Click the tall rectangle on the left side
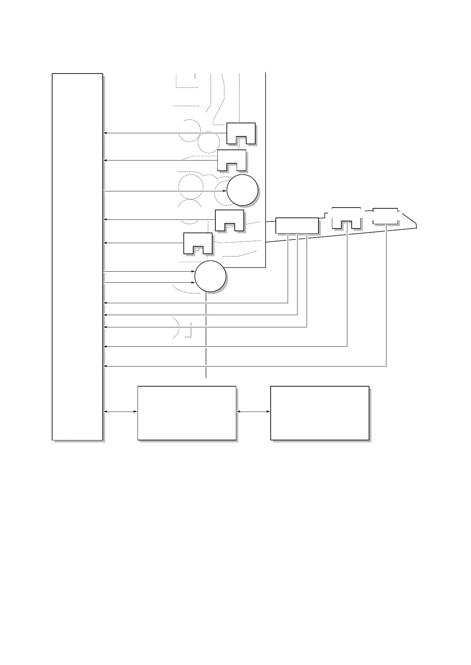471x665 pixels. (77, 257)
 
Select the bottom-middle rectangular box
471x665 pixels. (187, 413)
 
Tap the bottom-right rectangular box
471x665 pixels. (320, 413)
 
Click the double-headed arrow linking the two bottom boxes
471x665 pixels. (253, 412)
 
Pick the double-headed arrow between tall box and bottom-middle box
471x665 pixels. (120, 412)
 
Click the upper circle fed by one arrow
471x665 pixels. (242, 190)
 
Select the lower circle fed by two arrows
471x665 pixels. (210, 276)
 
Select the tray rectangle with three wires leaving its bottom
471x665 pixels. (297, 225)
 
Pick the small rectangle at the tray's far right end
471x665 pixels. (385, 215)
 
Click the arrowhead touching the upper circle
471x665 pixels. (225, 191)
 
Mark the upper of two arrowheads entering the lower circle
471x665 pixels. (193, 272)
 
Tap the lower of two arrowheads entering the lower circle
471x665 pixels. (193, 283)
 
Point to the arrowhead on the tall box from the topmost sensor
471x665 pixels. (105, 133)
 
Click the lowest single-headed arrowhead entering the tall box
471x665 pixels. (105, 366)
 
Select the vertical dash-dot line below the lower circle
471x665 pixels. (206, 336)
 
